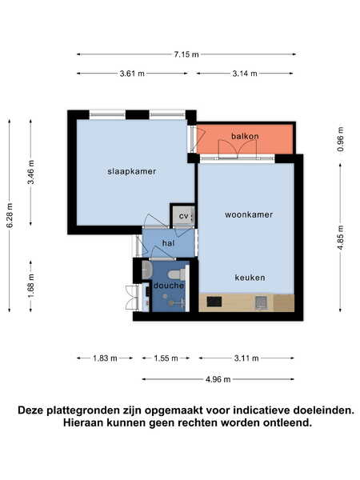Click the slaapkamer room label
coord(132,171)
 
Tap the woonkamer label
coord(249,214)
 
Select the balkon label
coord(245,136)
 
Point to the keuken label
coord(250,278)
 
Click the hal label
coord(168,243)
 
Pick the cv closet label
coord(183,216)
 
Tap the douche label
coord(169,286)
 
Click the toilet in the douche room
coord(177,274)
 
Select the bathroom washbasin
coord(147,270)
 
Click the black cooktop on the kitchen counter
coord(214,302)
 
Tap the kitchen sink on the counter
coord(262,302)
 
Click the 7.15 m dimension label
coord(186,54)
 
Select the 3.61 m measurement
coord(132,74)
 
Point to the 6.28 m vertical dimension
coord(10,215)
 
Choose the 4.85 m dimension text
coord(341,238)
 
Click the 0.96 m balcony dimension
coord(341,139)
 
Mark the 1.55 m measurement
coord(166,358)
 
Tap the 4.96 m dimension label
coord(218,379)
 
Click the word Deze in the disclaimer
coord(30,410)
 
